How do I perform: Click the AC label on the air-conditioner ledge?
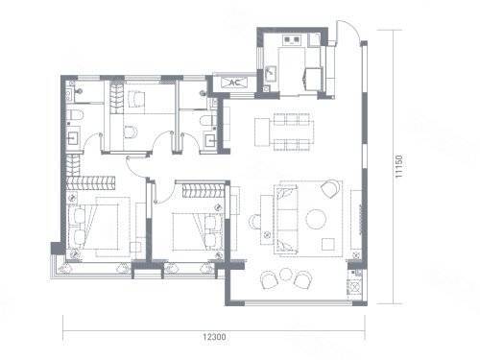pyautogui.click(x=235, y=83)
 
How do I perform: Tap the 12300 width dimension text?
pyautogui.click(x=214, y=337)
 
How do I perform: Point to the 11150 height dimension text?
pyautogui.click(x=398, y=166)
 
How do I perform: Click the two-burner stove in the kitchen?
pyautogui.click(x=292, y=40)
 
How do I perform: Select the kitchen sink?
pyautogui.click(x=271, y=74)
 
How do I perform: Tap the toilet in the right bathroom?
pyautogui.click(x=208, y=121)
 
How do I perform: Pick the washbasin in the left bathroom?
pyautogui.click(x=73, y=138)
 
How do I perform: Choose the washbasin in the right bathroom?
pyautogui.click(x=211, y=140)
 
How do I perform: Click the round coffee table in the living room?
pyautogui.click(x=316, y=219)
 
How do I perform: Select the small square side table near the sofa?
pyautogui.click(x=328, y=245)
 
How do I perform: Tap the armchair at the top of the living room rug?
pyautogui.click(x=330, y=189)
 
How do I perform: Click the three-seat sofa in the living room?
pyautogui.click(x=285, y=219)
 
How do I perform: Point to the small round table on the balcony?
pyautogui.click(x=285, y=275)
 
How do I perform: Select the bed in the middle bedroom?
pyautogui.click(x=198, y=231)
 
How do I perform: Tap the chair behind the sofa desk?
pyautogui.click(x=254, y=222)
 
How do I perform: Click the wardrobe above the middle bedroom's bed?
pyautogui.click(x=203, y=190)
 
